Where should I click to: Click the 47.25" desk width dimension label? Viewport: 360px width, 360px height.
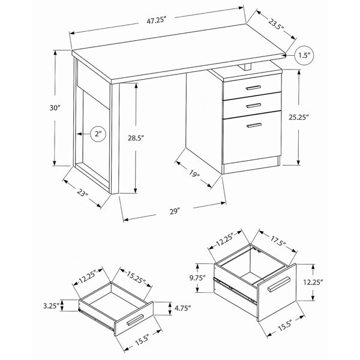[156, 20]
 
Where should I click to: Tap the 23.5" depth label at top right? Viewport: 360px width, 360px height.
[276, 25]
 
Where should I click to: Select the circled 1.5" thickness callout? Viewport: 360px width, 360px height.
[304, 55]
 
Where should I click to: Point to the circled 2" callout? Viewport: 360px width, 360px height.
[98, 134]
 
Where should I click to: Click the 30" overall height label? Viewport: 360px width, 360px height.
[55, 107]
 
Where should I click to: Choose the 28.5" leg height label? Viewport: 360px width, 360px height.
[136, 138]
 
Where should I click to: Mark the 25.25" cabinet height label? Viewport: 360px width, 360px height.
[298, 118]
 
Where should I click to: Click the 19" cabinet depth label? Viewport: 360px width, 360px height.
[194, 174]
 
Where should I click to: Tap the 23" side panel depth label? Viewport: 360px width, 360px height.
[82, 193]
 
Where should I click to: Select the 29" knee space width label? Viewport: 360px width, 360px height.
[175, 211]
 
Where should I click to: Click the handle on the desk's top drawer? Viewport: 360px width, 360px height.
[253, 88]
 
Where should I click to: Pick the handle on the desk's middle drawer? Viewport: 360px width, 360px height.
[253, 106]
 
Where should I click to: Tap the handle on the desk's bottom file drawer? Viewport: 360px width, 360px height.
[254, 125]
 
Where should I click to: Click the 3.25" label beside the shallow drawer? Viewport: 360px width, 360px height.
[52, 306]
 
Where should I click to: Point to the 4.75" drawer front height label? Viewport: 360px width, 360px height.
[183, 308]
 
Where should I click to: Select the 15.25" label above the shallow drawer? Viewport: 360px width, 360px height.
[136, 277]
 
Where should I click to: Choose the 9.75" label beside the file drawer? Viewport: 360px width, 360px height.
[197, 278]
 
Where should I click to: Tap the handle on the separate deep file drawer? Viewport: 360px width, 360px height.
[278, 284]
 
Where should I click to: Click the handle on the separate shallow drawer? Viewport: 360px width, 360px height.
[135, 320]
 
